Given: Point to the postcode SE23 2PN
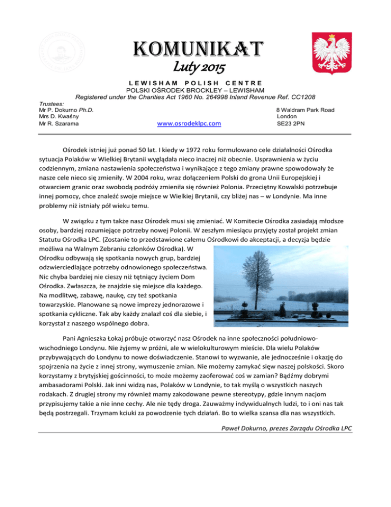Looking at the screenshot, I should coord(289,123).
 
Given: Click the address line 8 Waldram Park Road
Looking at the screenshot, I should coord(305,109).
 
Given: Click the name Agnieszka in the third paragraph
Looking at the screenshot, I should coord(101,338).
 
